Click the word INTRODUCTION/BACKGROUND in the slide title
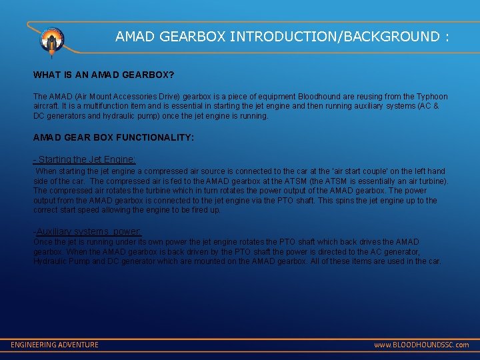(334, 37)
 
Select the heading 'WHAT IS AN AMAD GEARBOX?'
(104, 75)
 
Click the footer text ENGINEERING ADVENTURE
(55, 345)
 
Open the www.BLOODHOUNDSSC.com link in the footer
(421, 345)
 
